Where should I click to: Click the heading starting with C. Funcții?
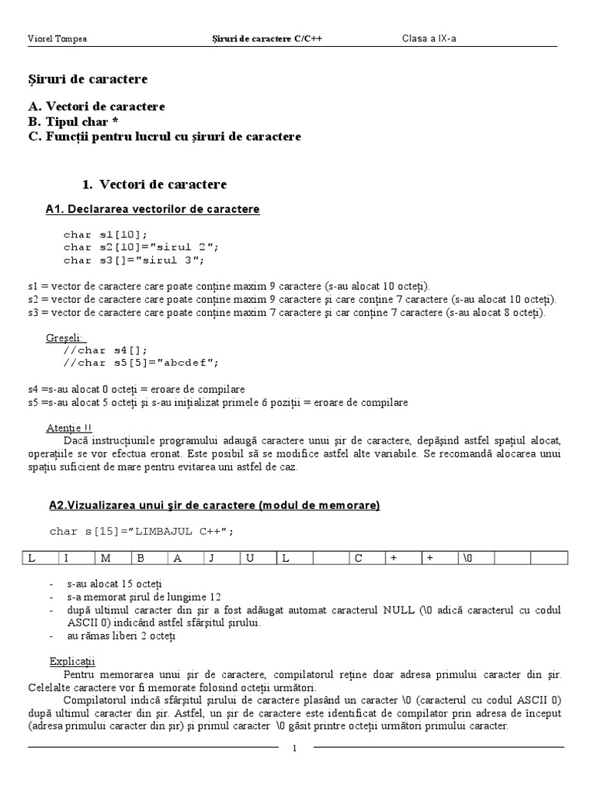[x=164, y=137]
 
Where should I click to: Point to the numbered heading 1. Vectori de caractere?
[x=154, y=184]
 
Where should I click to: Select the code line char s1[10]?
[x=105, y=234]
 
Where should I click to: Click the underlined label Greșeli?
[x=67, y=338]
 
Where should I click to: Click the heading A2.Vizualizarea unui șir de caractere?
[x=214, y=505]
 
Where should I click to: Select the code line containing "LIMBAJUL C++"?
[x=141, y=531]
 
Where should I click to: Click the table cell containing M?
[x=113, y=559]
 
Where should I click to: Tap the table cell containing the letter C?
[x=366, y=559]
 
